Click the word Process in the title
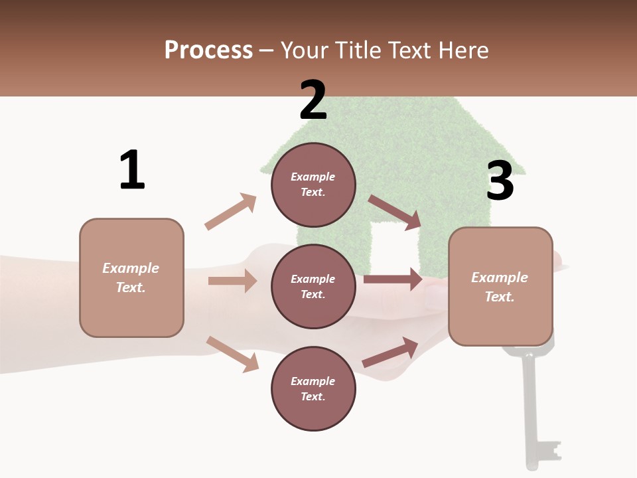coord(209,50)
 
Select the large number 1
coord(132,169)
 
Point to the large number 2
coord(313,100)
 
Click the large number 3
coord(500,180)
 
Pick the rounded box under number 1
coord(131,278)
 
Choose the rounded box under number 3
coord(500,287)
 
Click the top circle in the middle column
coord(313,185)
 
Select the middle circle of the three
coord(313,287)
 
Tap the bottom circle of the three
coord(313,388)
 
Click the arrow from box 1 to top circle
coord(231,211)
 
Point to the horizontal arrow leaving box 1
coord(233,281)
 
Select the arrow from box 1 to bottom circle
coord(233,355)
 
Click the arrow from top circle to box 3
coord(395,212)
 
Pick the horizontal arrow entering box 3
coord(393,279)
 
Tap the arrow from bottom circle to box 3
coord(390,352)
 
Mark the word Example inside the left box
coord(131,268)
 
